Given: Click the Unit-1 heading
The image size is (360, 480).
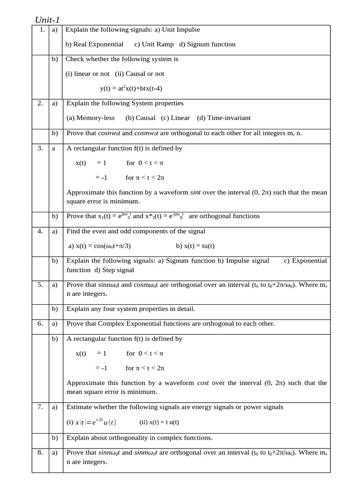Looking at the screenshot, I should point(47,19).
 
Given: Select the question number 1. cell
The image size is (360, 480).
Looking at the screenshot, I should point(41,30).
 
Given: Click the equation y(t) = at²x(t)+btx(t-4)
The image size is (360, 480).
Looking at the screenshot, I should point(131,88).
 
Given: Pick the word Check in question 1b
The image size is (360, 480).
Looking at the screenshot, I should point(75,59).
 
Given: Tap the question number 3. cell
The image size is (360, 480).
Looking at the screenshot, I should point(41,148).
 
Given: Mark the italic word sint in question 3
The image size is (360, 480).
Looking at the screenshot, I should point(195,192).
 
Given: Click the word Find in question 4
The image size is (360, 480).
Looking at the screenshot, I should point(74,231).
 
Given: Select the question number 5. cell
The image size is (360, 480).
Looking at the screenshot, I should point(41,285).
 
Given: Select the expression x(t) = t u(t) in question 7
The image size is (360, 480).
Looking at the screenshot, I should point(159,422).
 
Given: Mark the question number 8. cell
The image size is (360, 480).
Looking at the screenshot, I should point(41,452).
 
